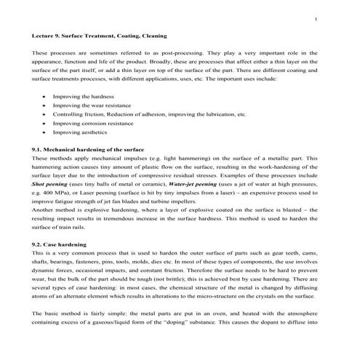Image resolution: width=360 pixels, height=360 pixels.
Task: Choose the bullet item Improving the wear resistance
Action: click(x=88, y=105)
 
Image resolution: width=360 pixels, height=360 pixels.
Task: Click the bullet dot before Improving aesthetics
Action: click(x=45, y=133)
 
